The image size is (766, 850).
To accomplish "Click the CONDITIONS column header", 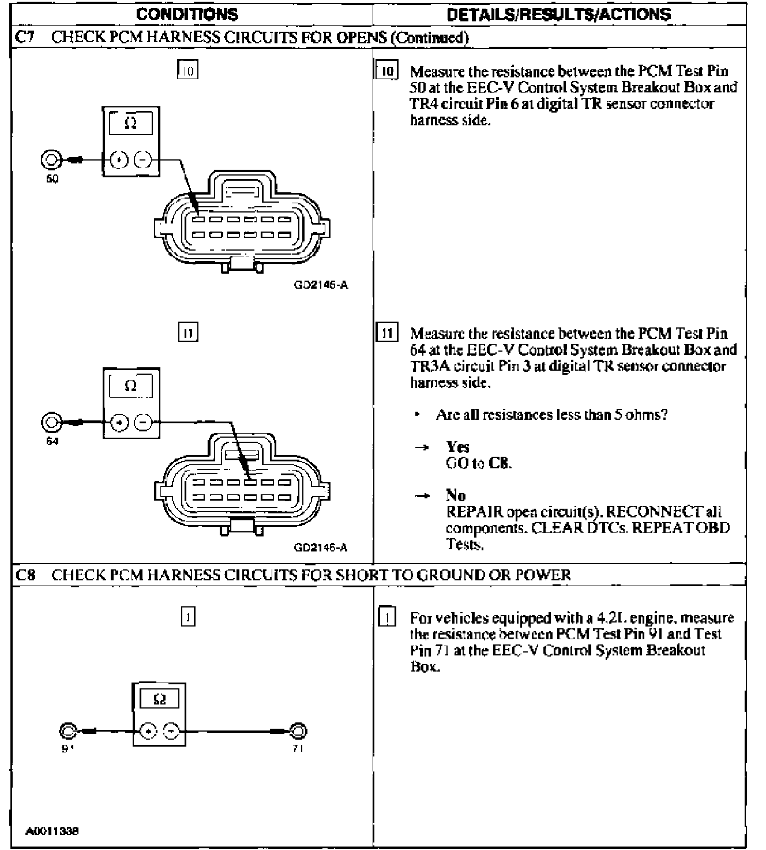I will (x=187, y=14).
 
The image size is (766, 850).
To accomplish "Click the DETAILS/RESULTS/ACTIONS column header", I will (x=559, y=14).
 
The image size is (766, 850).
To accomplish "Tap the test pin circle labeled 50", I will (x=50, y=159).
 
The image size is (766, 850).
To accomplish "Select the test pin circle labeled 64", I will (x=50, y=423).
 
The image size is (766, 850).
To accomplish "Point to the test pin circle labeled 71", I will (x=298, y=731).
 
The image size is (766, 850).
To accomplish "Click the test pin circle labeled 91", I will (x=67, y=731).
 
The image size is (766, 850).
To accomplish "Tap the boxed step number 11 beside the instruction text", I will (x=387, y=333).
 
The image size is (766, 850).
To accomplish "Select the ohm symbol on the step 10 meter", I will (x=130, y=123).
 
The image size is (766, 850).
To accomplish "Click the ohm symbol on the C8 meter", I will (x=160, y=699).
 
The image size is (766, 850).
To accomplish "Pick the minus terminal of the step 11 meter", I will (x=143, y=423).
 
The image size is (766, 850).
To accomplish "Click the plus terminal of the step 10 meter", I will (x=119, y=160).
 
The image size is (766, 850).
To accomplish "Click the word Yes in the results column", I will (x=457, y=446).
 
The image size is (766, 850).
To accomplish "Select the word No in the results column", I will (x=456, y=495).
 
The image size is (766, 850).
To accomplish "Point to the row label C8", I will (x=23, y=575).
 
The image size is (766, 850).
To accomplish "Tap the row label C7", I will (x=23, y=38).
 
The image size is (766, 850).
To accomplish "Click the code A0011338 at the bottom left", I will (x=52, y=831).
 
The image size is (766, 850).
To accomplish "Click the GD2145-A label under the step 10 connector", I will (x=321, y=285).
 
